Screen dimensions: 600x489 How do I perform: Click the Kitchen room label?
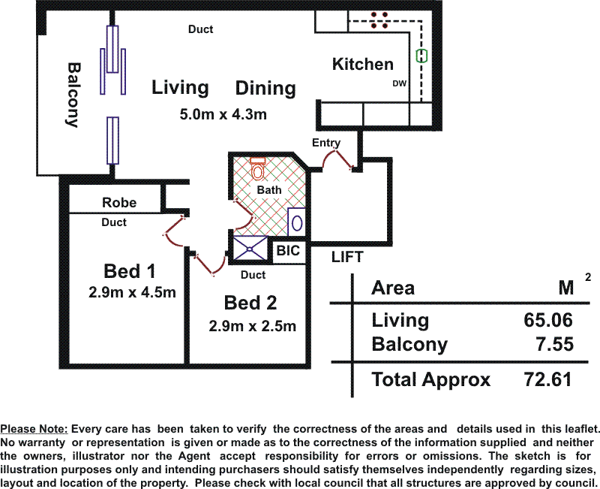click(x=363, y=64)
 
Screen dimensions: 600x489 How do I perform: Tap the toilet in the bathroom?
click(x=258, y=168)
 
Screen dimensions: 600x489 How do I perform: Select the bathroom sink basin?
click(x=297, y=223)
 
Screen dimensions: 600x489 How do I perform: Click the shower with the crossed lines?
click(x=250, y=248)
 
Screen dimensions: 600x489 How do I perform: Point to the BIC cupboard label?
click(x=288, y=251)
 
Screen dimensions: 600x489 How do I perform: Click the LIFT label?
click(x=347, y=257)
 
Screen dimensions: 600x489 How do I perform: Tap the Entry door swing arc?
click(x=337, y=158)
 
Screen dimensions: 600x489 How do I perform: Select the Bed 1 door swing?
click(x=175, y=233)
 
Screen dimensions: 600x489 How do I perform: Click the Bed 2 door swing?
click(x=211, y=264)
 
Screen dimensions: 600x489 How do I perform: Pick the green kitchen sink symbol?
click(x=421, y=56)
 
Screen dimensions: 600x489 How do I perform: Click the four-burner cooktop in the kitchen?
click(x=379, y=20)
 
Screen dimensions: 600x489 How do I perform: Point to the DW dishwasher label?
click(x=400, y=83)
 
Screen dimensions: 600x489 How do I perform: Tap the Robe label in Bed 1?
click(x=119, y=202)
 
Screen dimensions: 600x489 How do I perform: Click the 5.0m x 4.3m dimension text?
click(x=223, y=114)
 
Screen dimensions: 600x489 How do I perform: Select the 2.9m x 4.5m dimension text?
click(x=132, y=292)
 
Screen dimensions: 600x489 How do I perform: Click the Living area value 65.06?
click(x=548, y=320)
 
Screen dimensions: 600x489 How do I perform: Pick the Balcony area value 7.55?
click(x=554, y=344)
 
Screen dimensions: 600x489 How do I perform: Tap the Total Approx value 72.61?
click(x=547, y=380)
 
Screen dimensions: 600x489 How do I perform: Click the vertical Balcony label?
click(x=73, y=95)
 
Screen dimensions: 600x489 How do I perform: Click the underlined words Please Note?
click(x=34, y=429)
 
